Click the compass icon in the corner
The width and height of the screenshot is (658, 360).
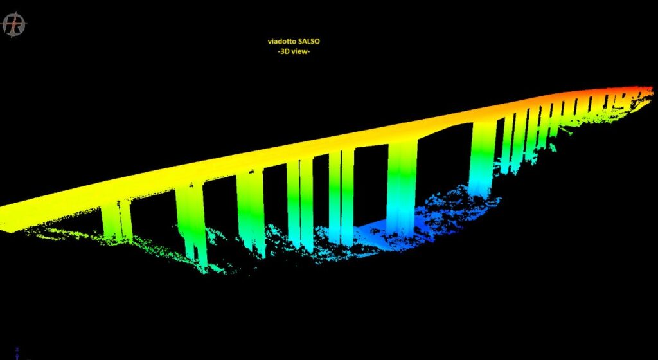(x=14, y=24)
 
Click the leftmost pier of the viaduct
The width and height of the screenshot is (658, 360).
(x=117, y=221)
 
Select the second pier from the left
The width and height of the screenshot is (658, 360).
(x=191, y=226)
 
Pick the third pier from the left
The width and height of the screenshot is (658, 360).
(x=251, y=212)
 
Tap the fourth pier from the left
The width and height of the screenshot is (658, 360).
(x=300, y=204)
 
